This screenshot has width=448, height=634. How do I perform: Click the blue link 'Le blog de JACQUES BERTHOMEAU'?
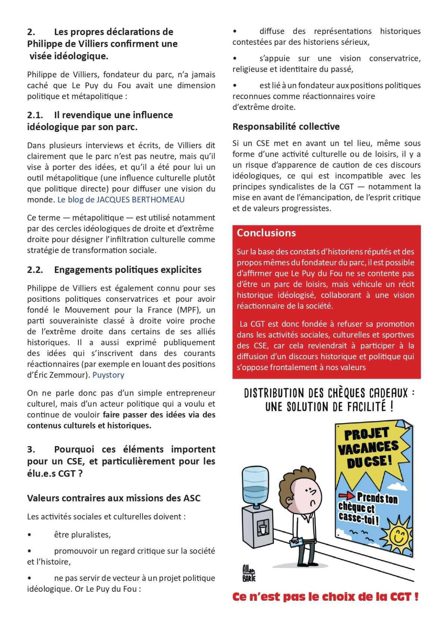point(121,200)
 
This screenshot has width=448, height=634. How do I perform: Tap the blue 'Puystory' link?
point(108,375)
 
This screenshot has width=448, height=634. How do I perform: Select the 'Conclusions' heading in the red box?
point(266,233)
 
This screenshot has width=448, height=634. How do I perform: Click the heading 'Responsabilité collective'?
point(286,127)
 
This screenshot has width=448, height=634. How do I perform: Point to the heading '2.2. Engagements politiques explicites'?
point(114,270)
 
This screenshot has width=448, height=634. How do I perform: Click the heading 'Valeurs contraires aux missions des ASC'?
point(113,498)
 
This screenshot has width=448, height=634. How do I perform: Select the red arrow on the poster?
point(346,496)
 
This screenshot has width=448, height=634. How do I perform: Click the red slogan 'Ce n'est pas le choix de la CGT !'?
point(325,597)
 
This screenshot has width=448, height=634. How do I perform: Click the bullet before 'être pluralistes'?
point(30,535)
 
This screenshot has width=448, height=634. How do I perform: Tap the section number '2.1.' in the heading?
point(35,115)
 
